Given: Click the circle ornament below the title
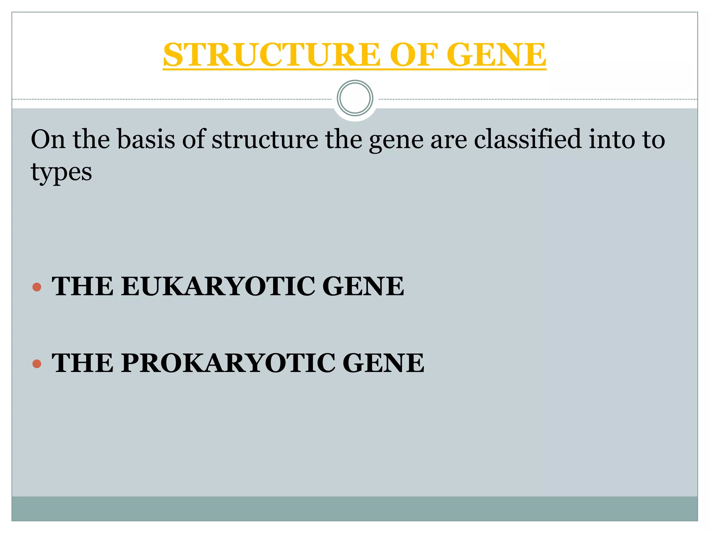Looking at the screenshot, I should click(355, 98).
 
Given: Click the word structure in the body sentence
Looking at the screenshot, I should click(265, 139).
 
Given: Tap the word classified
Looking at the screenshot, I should click(527, 139).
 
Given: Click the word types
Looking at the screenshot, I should click(61, 172).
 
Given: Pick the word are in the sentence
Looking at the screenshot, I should click(449, 139).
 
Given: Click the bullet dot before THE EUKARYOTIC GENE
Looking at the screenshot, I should click(37, 287).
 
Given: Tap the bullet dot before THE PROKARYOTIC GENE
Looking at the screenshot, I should click(37, 364).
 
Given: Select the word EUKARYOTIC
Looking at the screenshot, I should click(218, 287).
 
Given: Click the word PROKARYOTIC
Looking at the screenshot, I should click(228, 363).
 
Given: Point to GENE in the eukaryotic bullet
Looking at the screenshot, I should click(363, 287).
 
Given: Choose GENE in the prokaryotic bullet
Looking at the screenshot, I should click(383, 363).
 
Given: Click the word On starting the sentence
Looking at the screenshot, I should click(48, 139).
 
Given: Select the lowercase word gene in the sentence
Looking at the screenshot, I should click(396, 139).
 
